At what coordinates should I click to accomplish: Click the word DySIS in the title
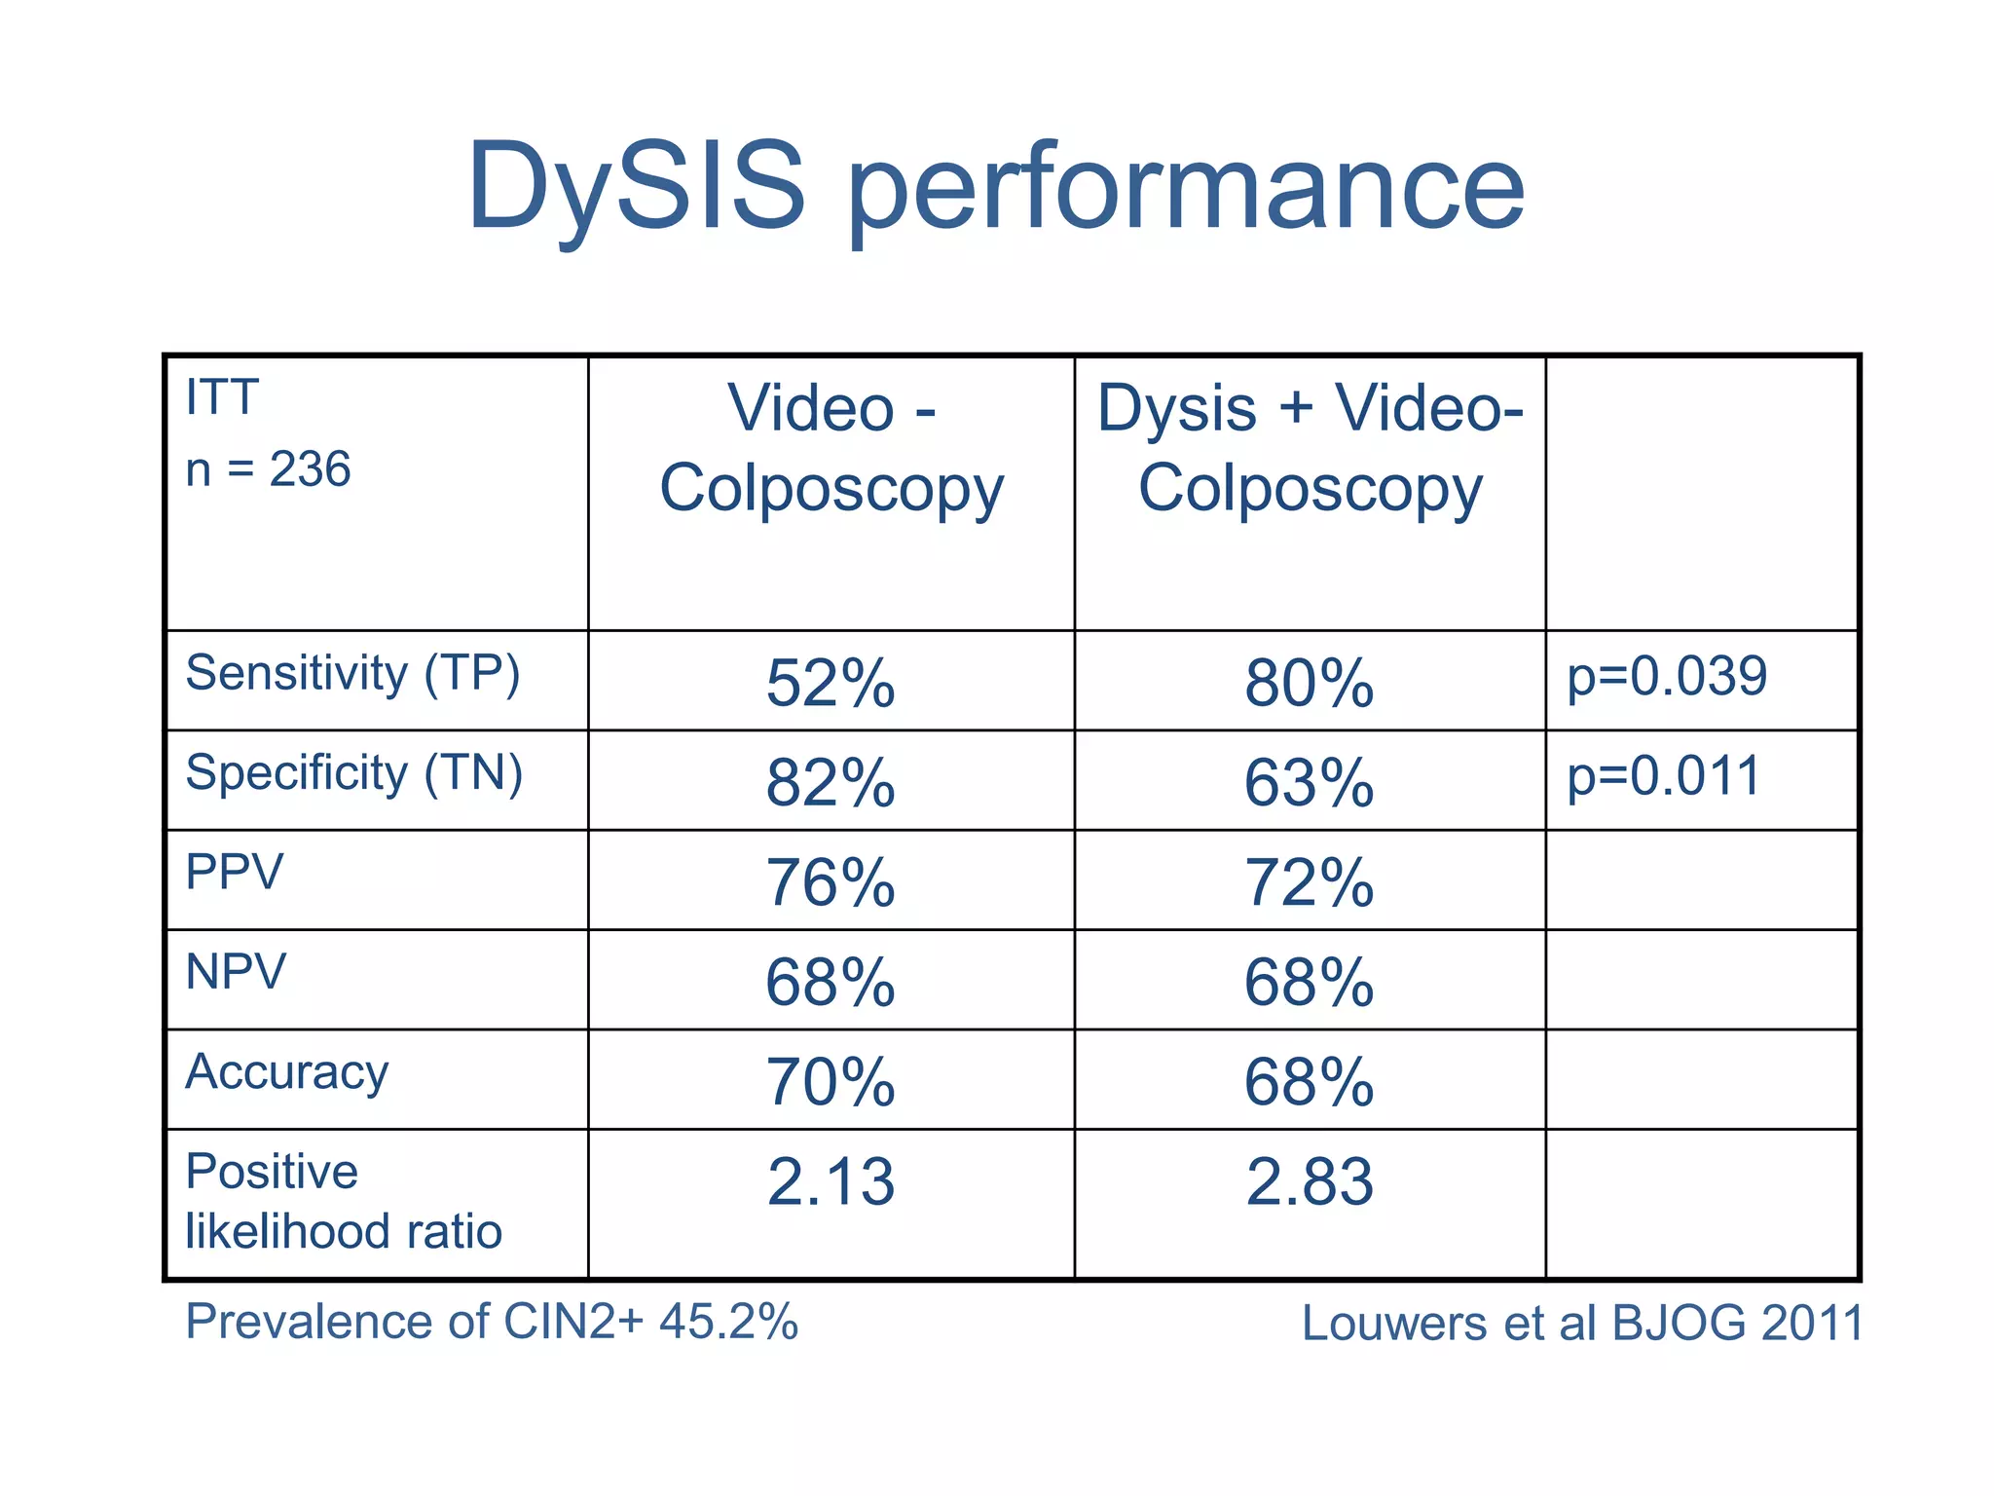click(x=637, y=187)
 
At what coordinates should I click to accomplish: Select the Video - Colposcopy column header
click(x=831, y=448)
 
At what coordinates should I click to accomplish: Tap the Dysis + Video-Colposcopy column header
click(x=1310, y=448)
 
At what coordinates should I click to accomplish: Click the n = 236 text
click(x=268, y=469)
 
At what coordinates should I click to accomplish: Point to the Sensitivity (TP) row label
click(x=352, y=674)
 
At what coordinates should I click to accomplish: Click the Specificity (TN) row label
click(x=354, y=774)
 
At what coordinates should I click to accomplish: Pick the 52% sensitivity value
click(x=830, y=683)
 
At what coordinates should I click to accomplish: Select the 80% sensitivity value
click(x=1309, y=683)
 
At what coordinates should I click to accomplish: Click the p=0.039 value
click(x=1666, y=677)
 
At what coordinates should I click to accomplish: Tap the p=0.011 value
click(x=1663, y=776)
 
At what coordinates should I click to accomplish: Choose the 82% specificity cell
click(x=830, y=783)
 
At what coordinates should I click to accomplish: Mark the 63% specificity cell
click(x=1309, y=783)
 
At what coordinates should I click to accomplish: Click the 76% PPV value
click(x=830, y=883)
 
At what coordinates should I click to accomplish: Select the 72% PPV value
click(x=1309, y=883)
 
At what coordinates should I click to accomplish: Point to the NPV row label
click(x=236, y=972)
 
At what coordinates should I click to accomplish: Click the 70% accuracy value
click(x=830, y=1082)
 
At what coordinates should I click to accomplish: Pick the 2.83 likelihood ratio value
click(x=1309, y=1182)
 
